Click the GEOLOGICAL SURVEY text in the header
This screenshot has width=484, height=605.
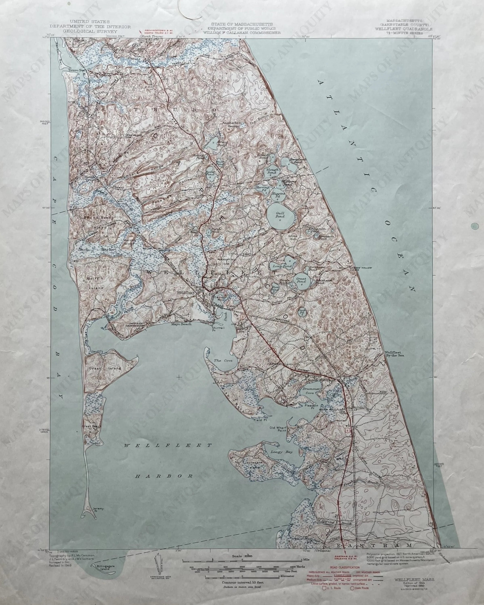point(90,31)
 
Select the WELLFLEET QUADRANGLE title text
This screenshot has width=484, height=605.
point(404,29)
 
